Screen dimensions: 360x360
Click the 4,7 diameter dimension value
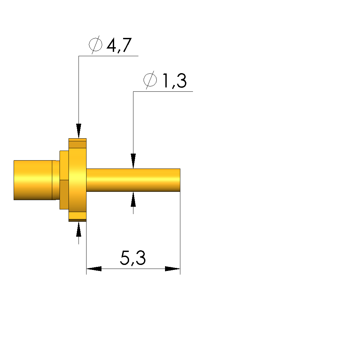pos(119,45)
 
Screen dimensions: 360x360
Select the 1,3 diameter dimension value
pos(175,80)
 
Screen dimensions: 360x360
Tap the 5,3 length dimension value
pos(133,258)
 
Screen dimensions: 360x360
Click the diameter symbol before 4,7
pos(95,45)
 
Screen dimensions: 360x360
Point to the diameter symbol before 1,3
pos(150,80)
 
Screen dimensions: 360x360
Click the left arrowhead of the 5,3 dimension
pos(94,269)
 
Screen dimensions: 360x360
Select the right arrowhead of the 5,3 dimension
pos(173,269)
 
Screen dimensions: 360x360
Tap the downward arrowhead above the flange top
pos(79,131)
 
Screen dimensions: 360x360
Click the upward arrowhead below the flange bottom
pos(79,229)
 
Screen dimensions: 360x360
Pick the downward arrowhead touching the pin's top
pos(133,161)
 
